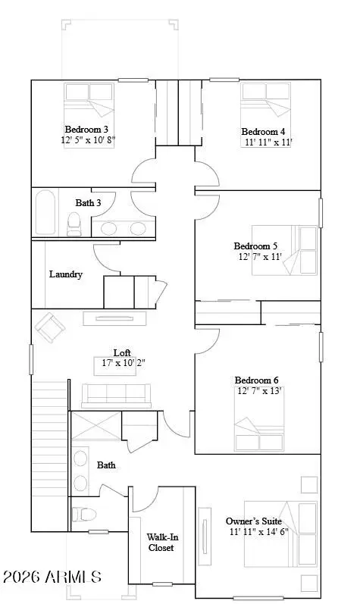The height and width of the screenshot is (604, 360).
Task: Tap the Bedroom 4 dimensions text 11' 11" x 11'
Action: click(x=269, y=142)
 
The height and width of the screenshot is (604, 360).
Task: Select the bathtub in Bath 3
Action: click(x=45, y=212)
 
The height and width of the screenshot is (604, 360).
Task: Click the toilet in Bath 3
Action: click(x=74, y=224)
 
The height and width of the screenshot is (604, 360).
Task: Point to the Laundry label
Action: click(x=66, y=274)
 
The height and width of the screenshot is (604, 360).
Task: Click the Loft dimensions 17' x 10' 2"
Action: click(x=124, y=362)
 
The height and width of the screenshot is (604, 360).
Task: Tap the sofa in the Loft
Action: click(x=116, y=396)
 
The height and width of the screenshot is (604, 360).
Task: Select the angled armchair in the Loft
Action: click(x=49, y=327)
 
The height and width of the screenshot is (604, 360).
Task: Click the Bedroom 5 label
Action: click(x=255, y=246)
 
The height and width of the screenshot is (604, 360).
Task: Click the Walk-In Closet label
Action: click(x=161, y=543)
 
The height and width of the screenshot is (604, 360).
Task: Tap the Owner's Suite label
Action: click(x=253, y=521)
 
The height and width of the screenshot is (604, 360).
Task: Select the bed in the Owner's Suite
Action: click(x=280, y=534)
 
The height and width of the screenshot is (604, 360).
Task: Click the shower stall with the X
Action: click(x=95, y=426)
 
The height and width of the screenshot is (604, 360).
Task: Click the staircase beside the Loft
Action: click(x=50, y=455)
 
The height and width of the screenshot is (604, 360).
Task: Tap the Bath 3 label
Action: click(x=88, y=202)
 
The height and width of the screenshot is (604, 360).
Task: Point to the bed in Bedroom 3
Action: click(x=89, y=115)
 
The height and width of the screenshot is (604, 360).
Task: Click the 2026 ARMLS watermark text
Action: click(x=52, y=577)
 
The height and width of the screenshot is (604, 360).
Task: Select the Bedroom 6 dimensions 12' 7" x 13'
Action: click(x=259, y=391)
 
